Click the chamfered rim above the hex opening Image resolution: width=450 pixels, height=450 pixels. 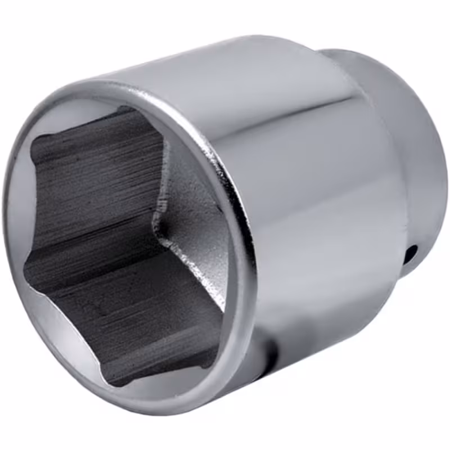[112, 93]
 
